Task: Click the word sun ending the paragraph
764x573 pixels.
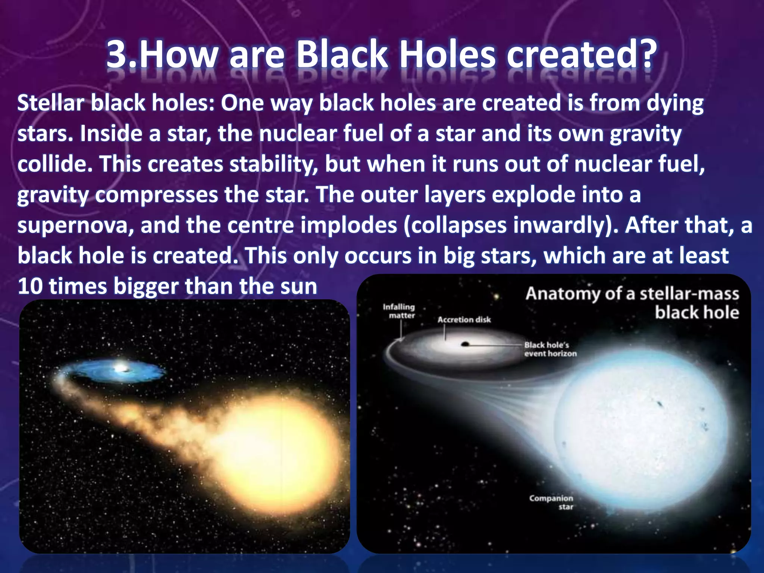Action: point(299,286)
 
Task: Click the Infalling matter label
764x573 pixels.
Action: point(399,311)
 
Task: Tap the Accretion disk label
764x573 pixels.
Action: point(464,320)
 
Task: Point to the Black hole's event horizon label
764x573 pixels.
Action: point(550,349)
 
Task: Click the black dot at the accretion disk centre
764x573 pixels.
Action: point(465,344)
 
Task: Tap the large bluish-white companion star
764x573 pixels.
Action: point(638,429)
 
